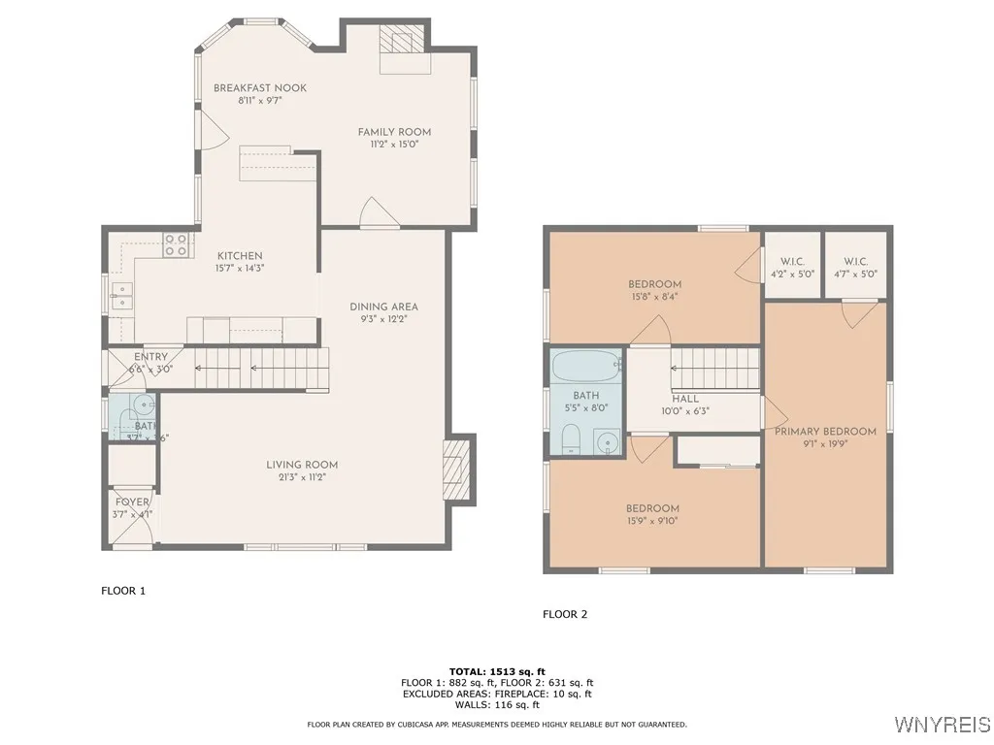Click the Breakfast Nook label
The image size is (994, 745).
(259, 88)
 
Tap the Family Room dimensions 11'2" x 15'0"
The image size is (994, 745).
(394, 145)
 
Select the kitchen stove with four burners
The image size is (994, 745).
(176, 244)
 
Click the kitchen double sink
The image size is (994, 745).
(122, 296)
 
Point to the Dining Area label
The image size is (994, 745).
(383, 308)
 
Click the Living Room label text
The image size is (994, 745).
(302, 466)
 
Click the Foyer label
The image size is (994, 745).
(131, 502)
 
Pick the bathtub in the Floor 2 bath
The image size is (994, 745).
(585, 368)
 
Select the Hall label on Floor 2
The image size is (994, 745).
(684, 399)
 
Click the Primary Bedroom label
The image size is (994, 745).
(825, 432)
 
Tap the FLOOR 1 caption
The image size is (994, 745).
(123, 590)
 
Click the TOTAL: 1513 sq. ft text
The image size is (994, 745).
(497, 671)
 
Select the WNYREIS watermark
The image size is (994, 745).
(942, 725)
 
